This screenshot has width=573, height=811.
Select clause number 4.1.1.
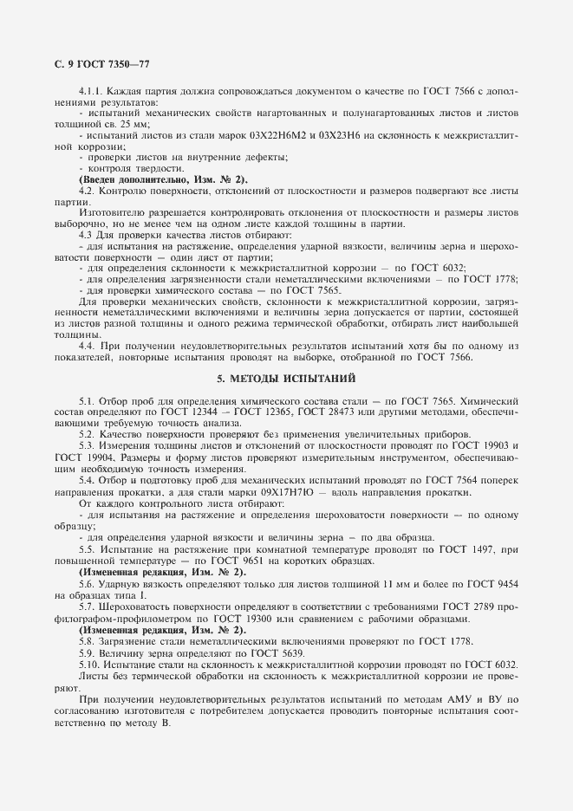pos(91,92)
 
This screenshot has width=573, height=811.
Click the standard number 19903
pos(500,444)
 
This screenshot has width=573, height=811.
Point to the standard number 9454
pos(501,584)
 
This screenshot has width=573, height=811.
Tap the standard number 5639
pos(265,652)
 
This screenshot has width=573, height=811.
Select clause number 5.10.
pos(90,663)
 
